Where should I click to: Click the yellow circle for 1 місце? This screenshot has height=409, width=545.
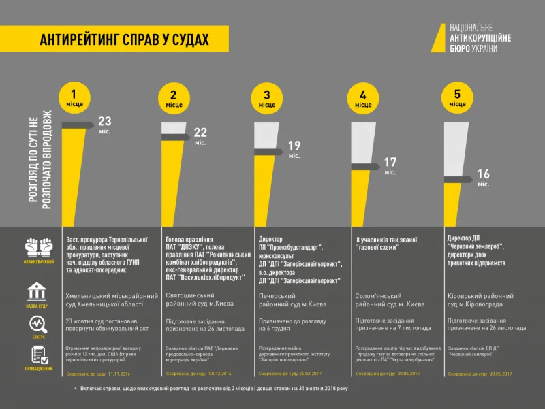coord(76,97)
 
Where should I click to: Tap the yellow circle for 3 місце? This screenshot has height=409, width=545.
coord(267,97)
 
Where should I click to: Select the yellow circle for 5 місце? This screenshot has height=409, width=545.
coord(457,97)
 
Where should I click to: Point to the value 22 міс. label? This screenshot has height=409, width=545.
coord(200,135)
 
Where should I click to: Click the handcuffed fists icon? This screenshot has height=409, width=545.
coord(39,246)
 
